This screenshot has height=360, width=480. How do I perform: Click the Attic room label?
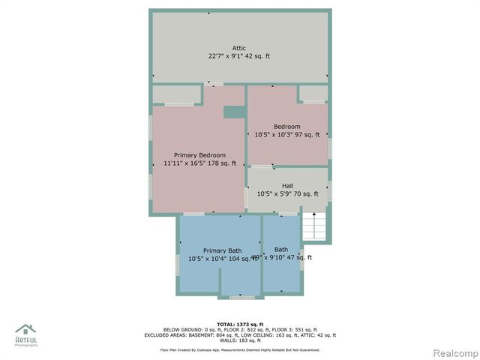(238, 48)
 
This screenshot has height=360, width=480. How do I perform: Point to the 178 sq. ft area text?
(222, 163)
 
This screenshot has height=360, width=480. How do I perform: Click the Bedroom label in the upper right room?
(286, 127)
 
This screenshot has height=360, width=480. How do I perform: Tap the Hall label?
(287, 185)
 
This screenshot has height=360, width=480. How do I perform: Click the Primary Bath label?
(222, 250)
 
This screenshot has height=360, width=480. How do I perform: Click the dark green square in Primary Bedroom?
(234, 112)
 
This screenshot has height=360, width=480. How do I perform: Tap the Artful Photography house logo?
(25, 331)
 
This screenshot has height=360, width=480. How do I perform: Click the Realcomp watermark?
(453, 352)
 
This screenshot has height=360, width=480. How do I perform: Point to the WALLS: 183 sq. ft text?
(239, 341)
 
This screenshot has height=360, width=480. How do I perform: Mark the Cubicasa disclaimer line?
(239, 349)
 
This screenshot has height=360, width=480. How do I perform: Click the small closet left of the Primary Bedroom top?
(177, 94)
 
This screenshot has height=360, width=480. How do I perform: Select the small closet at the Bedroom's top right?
(313, 93)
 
